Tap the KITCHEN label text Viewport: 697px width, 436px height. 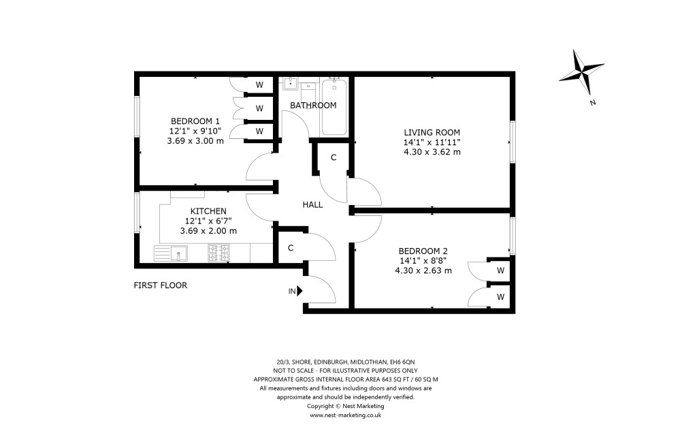click(208, 211)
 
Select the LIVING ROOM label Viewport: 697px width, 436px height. click(432, 132)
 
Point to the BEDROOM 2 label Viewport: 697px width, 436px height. click(423, 250)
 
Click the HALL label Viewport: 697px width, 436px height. click(313, 204)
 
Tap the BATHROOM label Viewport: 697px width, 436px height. click(313, 106)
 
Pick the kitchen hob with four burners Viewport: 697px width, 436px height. click(218, 254)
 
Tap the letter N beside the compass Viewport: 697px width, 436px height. click(593, 103)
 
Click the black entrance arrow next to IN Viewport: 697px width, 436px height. click(299, 291)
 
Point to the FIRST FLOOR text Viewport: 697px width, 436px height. click(160, 285)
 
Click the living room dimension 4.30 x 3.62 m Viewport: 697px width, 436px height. click(432, 152)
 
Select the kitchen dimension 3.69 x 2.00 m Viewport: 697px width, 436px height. click(208, 231)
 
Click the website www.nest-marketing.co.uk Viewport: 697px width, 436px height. click(346, 414)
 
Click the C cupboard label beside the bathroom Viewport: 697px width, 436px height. click(334, 158)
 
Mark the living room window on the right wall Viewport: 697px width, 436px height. click(513, 142)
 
